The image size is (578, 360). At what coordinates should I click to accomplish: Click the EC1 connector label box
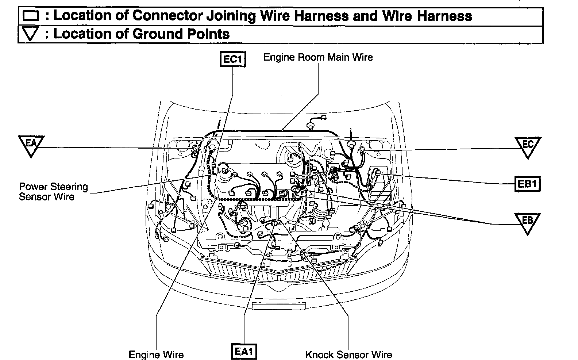(233, 60)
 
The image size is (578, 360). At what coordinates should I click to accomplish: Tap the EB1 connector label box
(527, 184)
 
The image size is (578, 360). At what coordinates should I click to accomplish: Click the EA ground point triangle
(31, 145)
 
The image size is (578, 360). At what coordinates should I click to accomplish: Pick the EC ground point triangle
(527, 146)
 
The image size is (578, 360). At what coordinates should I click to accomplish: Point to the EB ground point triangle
(527, 222)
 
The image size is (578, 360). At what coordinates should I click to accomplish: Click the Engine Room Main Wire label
(318, 57)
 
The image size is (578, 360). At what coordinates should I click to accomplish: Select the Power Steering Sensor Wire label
(53, 192)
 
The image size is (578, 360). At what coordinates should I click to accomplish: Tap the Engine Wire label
(156, 354)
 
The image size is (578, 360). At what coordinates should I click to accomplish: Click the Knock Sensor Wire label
(348, 354)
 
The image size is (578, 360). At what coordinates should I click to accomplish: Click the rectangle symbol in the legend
(31, 16)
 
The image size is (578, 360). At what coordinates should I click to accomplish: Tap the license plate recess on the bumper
(279, 306)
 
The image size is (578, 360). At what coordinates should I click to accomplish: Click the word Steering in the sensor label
(69, 187)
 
